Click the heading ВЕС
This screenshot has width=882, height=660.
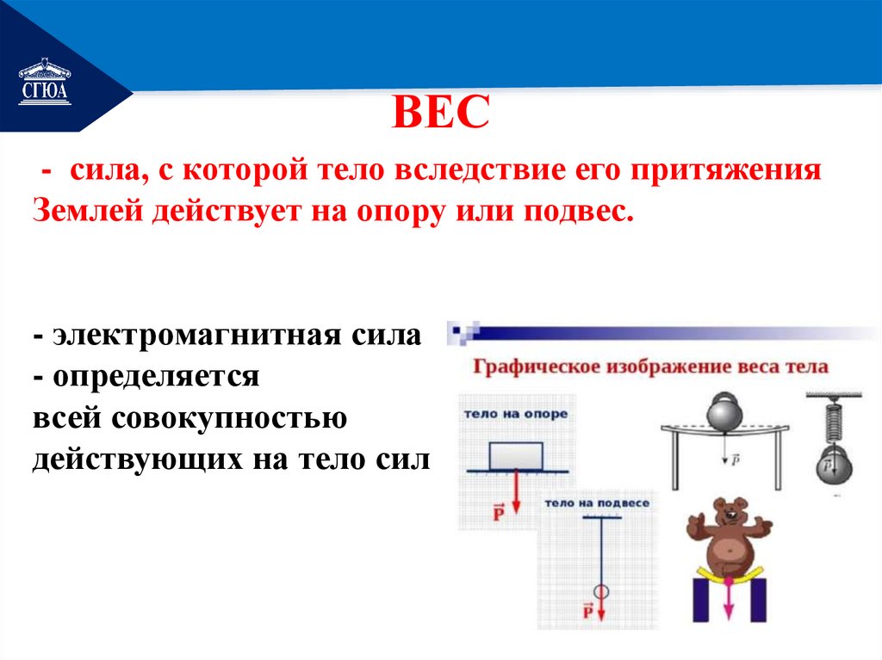coord(441,114)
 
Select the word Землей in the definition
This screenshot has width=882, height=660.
coord(88,211)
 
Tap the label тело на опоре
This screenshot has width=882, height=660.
coord(515,414)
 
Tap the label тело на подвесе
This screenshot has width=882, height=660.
coord(596,502)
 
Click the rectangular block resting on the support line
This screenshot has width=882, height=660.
coord(515,455)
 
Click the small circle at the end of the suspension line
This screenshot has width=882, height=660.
coord(600,591)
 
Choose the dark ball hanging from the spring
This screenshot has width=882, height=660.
coord(830,469)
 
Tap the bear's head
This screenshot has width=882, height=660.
coord(727,515)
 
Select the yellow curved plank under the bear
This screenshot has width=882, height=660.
coord(728,575)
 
